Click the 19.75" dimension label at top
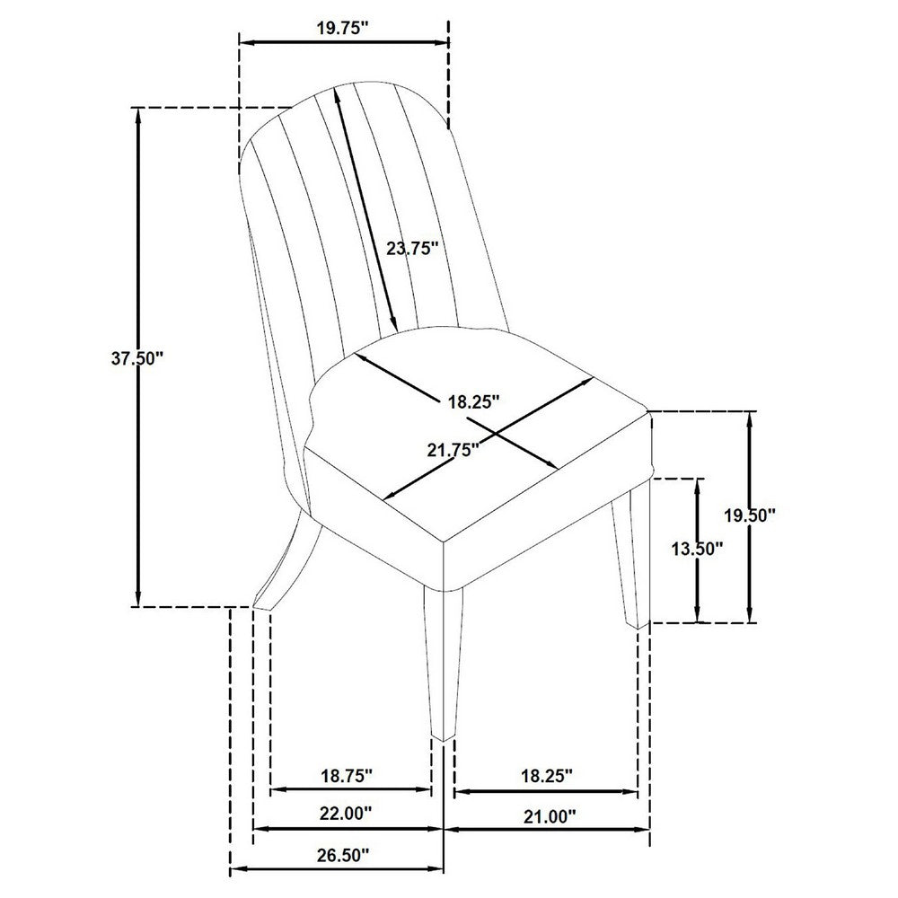point(342,29)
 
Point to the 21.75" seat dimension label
point(453,450)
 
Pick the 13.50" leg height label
point(698,550)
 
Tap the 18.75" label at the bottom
point(347,776)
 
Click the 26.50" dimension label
point(342,856)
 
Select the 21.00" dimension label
point(550,815)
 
